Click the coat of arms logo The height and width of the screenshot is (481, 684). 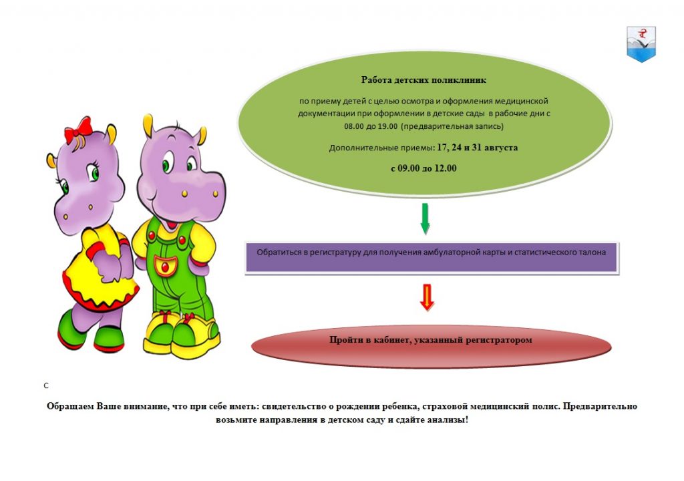tap(641, 43)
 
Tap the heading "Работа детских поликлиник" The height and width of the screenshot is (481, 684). tap(423, 80)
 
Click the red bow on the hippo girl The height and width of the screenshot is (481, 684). tap(79, 129)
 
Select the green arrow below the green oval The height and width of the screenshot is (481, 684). tap(425, 218)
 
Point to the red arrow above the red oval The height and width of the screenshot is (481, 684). tap(427, 297)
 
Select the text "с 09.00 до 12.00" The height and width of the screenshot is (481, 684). tap(423, 168)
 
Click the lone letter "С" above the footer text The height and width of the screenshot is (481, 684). tap(46, 386)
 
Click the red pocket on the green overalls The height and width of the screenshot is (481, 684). tap(165, 266)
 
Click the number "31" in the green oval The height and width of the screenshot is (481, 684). tap(476, 148)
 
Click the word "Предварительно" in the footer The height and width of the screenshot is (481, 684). tap(600, 406)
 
